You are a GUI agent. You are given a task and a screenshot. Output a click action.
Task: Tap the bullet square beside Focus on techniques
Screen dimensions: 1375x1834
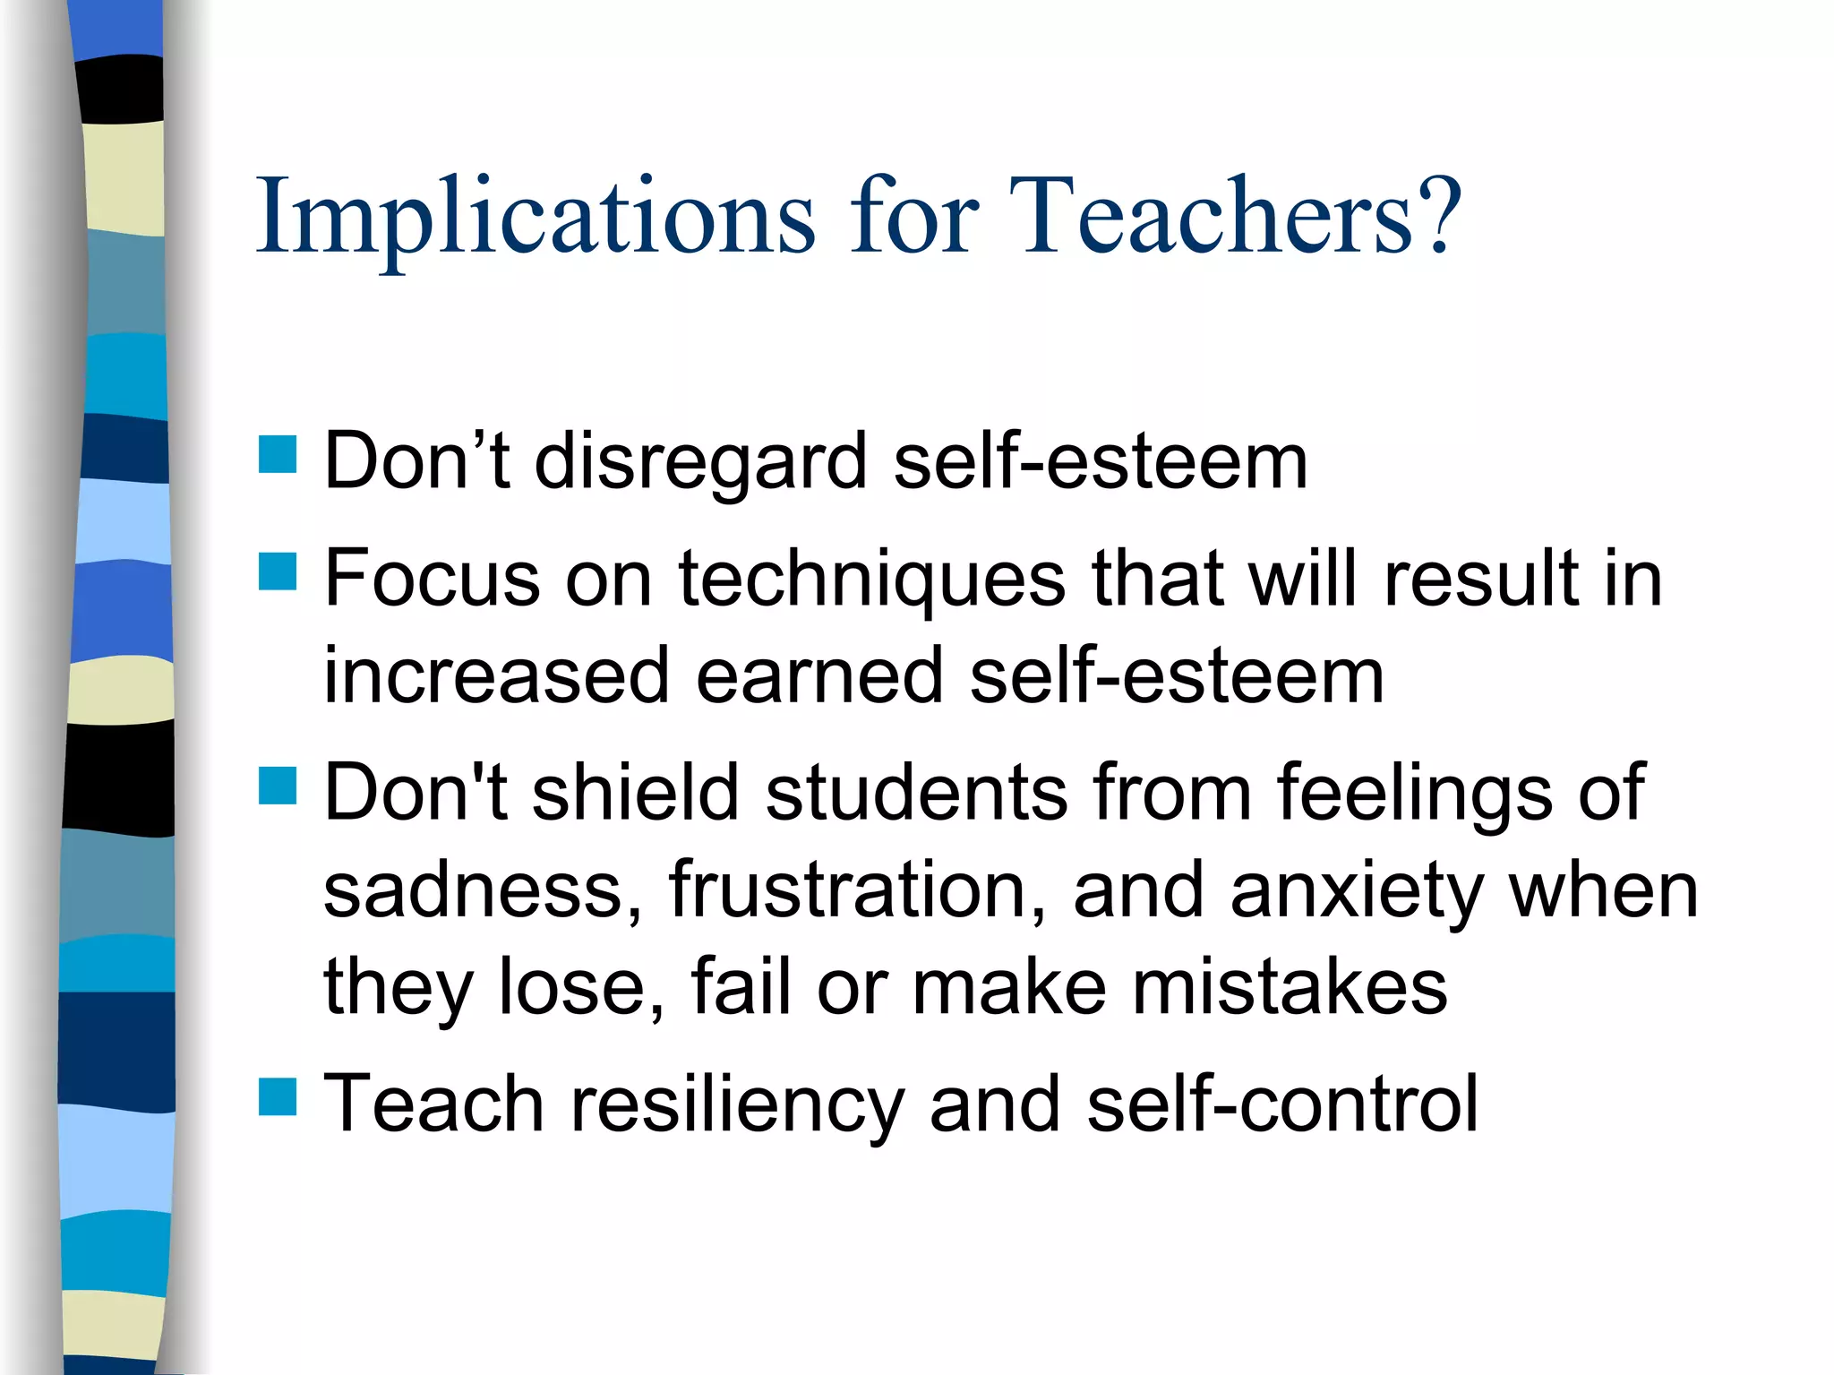pos(278,571)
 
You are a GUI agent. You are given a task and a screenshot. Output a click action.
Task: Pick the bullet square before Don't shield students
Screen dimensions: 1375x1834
pos(278,786)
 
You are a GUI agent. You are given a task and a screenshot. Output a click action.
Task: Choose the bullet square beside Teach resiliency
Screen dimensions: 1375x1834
pos(278,1096)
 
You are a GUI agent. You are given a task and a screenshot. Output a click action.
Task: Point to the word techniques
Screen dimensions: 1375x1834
pos(872,580)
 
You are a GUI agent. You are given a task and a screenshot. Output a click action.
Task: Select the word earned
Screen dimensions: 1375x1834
pos(819,676)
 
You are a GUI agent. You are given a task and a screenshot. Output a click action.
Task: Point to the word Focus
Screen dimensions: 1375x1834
pos(433,579)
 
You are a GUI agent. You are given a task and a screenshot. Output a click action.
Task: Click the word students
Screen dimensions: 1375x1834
pos(917,792)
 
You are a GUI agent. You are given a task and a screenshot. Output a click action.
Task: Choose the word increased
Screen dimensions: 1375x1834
pos(496,676)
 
